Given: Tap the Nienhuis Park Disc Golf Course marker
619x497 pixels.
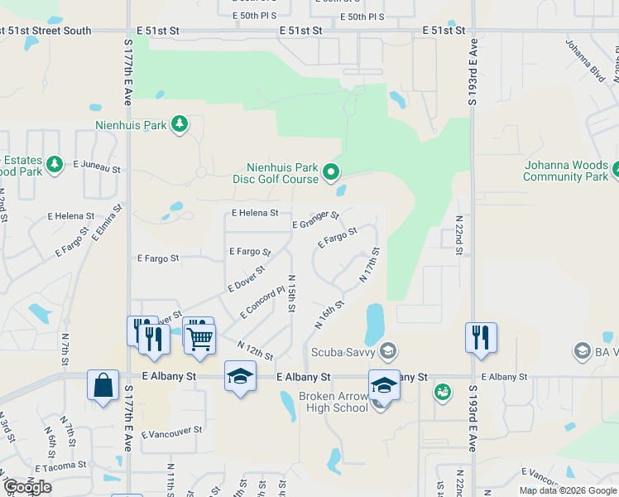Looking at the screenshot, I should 332,173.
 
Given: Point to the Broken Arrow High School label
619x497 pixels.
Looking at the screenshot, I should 329,402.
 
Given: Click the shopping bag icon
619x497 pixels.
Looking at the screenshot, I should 103,384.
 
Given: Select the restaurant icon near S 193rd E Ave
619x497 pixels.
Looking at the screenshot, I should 481,337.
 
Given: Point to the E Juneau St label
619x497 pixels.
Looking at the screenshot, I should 97,168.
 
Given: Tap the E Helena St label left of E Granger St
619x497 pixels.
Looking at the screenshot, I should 255,213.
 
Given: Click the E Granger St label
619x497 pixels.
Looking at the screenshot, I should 315,220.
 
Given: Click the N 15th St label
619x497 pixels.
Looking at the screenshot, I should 291,294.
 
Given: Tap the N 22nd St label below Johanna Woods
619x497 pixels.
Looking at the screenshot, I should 458,232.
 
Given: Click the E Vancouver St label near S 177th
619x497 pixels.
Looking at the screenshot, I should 171,432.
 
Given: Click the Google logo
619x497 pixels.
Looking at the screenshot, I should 27,487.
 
